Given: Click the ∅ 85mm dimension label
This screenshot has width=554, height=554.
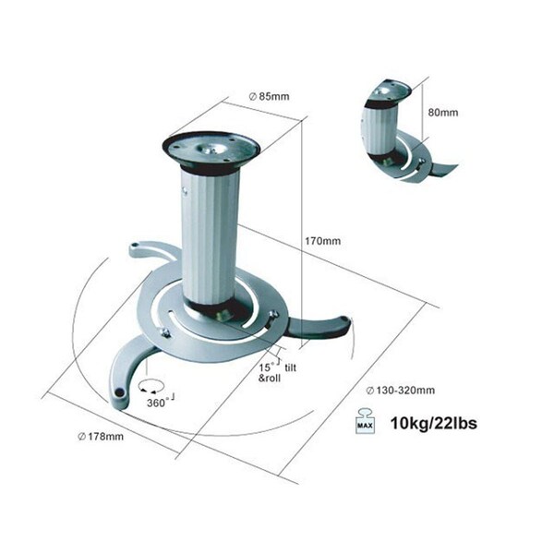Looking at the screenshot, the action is pyautogui.click(x=269, y=96).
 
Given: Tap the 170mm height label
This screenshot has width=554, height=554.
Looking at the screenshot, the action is pyautogui.click(x=323, y=241).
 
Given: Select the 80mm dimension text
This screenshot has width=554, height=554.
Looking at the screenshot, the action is pyautogui.click(x=443, y=113).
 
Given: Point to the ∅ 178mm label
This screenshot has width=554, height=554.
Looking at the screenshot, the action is pyautogui.click(x=101, y=437).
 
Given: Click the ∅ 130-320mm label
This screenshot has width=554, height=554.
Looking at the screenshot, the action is pyautogui.click(x=401, y=391).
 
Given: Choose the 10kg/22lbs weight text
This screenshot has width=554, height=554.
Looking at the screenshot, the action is pyautogui.click(x=434, y=423).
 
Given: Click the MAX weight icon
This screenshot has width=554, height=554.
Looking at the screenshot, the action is pyautogui.click(x=365, y=421).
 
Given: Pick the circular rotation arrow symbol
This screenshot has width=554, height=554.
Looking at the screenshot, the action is pyautogui.click(x=151, y=386).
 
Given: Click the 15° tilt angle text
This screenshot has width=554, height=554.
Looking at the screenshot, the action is pyautogui.click(x=268, y=367).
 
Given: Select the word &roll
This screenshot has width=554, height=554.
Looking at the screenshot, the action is pyautogui.click(x=270, y=378).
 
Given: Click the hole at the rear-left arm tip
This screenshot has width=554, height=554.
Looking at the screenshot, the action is pyautogui.click(x=135, y=245).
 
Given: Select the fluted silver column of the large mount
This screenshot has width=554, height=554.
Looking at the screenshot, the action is pyautogui.click(x=210, y=237).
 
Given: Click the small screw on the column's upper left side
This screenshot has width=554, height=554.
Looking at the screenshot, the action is pyautogui.click(x=184, y=191).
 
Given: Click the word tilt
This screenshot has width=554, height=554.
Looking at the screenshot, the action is pyautogui.click(x=291, y=367).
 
